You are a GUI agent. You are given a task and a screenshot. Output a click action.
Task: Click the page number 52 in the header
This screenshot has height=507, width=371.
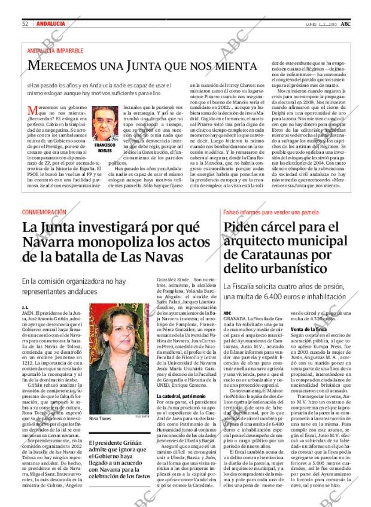[x=26, y=23]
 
